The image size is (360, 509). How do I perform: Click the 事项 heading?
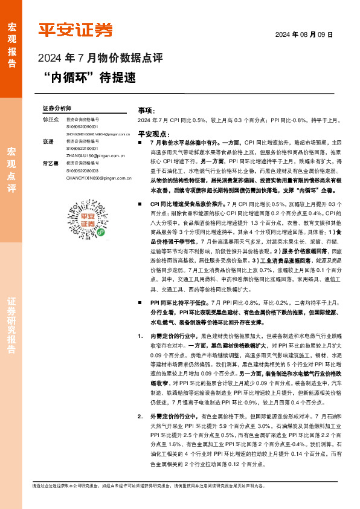point(146,111)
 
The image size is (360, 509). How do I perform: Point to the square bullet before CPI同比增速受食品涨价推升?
point(140,221)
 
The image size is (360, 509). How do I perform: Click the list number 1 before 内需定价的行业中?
point(140,334)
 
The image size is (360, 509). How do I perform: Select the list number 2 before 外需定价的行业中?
point(140,417)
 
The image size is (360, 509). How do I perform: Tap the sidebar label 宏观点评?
point(11,170)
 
